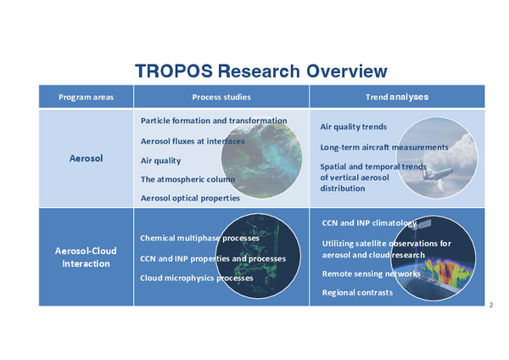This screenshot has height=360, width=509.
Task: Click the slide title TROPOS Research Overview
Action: (x=261, y=70)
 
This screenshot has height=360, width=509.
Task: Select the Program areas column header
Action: (x=86, y=97)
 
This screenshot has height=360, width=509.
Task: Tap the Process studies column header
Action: (x=221, y=97)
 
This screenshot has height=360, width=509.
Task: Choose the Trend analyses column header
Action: (x=397, y=97)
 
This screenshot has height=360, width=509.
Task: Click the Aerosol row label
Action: (x=86, y=158)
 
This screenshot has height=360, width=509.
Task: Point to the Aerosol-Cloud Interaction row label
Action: (x=86, y=257)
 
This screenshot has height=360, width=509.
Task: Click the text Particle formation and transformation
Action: (x=214, y=121)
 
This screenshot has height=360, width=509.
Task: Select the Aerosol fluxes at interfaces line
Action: (x=193, y=141)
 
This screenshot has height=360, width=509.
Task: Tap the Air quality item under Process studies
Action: (x=160, y=160)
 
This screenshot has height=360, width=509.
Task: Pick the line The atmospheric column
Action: (x=187, y=179)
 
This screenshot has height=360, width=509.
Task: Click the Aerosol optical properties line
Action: (x=190, y=198)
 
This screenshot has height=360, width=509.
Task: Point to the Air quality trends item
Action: (x=354, y=127)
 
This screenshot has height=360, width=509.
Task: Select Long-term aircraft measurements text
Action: (x=384, y=147)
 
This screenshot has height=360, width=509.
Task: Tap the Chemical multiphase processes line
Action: (x=199, y=238)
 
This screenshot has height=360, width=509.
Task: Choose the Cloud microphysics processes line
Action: (x=197, y=278)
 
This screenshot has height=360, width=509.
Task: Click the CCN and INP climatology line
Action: (x=369, y=223)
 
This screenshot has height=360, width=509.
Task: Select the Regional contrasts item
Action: (x=357, y=293)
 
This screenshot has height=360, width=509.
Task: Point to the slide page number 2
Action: (x=491, y=305)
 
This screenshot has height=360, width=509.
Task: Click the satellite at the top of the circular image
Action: (x=422, y=224)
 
